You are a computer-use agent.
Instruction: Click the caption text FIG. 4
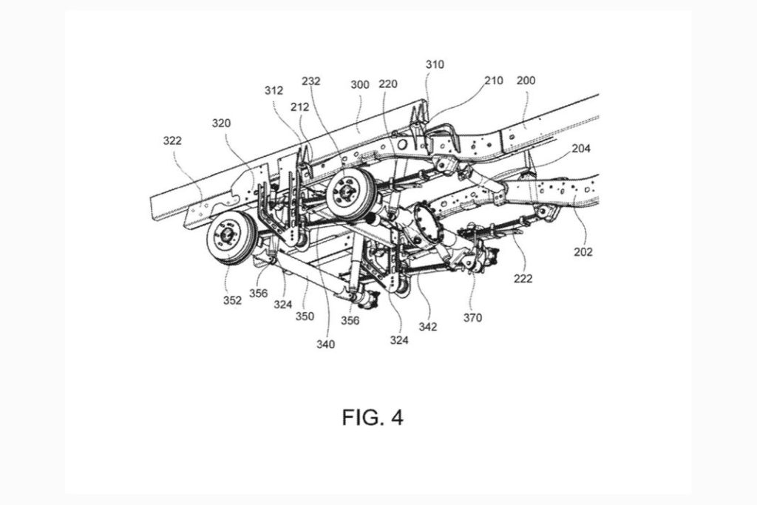tap(373, 417)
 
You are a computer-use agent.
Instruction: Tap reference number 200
tap(527, 80)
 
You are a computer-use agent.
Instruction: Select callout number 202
tap(583, 251)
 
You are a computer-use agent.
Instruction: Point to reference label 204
tap(581, 148)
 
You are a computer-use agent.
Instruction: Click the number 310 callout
tap(435, 64)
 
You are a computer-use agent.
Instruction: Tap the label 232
tap(310, 82)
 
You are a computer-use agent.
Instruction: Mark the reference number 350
tap(305, 316)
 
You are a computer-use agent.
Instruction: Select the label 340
tap(325, 344)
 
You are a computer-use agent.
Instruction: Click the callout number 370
tap(472, 318)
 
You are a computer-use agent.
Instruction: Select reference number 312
tap(274, 91)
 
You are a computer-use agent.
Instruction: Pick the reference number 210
tap(494, 80)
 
